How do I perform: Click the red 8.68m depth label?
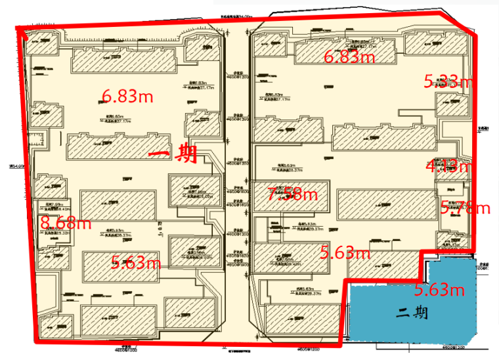pos(65,222)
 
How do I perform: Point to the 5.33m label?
pos(448,81)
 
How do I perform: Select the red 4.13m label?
pos(448,166)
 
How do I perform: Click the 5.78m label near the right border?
pos(466,208)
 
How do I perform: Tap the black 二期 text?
pos(412,313)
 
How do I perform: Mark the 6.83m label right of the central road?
pos(350,57)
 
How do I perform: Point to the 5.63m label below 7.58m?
pos(345,252)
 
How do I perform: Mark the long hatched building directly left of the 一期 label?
pos(108,146)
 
